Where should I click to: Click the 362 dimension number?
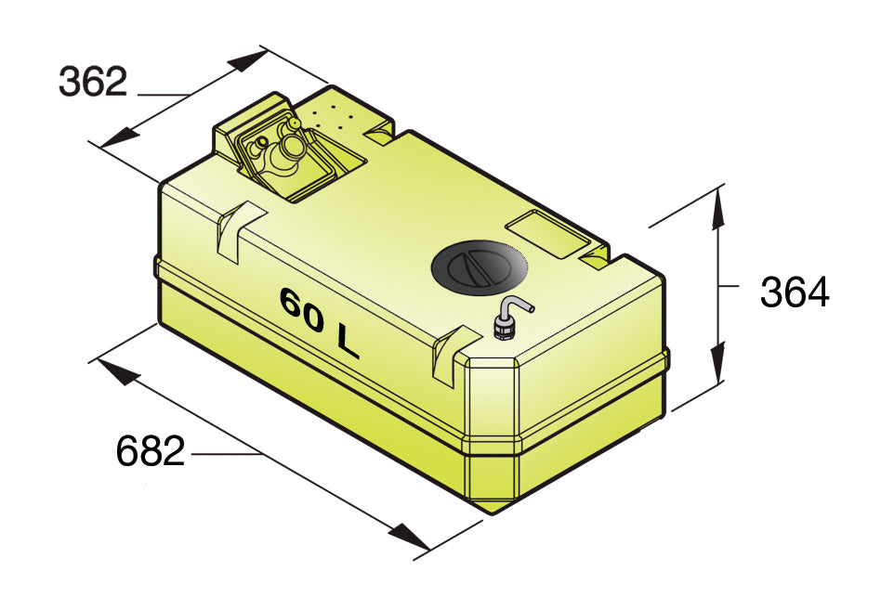(93, 82)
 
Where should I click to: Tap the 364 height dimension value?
(795, 292)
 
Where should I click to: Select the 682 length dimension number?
(151, 450)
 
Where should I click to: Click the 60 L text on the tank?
(319, 322)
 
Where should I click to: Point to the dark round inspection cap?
(480, 267)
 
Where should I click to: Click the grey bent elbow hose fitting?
(513, 318)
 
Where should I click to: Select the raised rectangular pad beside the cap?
(548, 234)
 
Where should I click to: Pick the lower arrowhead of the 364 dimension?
(718, 362)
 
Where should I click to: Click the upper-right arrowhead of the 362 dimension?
(248, 60)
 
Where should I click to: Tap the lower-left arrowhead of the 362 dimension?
(120, 136)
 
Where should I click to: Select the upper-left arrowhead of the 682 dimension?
(119, 372)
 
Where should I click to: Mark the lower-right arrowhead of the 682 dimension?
(410, 538)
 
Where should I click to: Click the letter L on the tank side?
(348, 341)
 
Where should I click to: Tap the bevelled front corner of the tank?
(493, 432)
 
